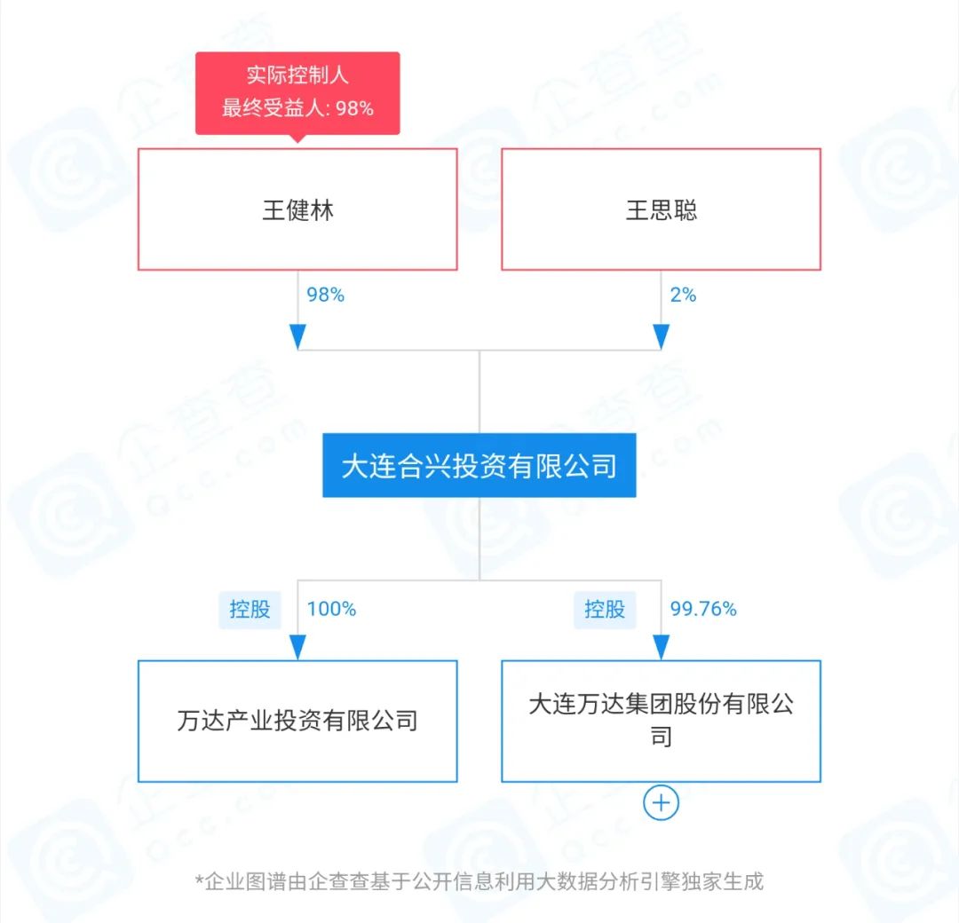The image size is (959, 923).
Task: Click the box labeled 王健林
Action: (297, 209)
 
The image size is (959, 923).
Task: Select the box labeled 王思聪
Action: (661, 209)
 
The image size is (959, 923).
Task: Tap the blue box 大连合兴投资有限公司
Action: (479, 465)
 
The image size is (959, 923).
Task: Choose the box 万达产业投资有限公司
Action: (297, 721)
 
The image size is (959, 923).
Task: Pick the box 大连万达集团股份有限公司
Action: (661, 721)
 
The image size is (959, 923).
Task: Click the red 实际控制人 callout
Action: (297, 93)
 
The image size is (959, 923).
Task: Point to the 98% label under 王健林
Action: (325, 295)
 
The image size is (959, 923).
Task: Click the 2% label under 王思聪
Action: (683, 295)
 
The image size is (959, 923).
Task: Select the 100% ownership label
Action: (331, 609)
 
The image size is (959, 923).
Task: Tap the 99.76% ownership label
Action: (703, 609)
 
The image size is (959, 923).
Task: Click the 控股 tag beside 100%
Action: (250, 610)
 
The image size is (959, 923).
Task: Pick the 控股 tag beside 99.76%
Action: (605, 610)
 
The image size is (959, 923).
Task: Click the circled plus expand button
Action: (661, 802)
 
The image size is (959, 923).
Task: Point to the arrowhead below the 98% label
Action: (297, 336)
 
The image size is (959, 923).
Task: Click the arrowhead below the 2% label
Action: (661, 336)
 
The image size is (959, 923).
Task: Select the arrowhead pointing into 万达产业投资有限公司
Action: (297, 647)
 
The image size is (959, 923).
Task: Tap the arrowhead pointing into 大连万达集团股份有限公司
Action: (661, 647)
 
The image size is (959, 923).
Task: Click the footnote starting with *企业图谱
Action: (479, 881)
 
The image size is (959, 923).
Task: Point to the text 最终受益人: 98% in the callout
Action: (297, 108)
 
